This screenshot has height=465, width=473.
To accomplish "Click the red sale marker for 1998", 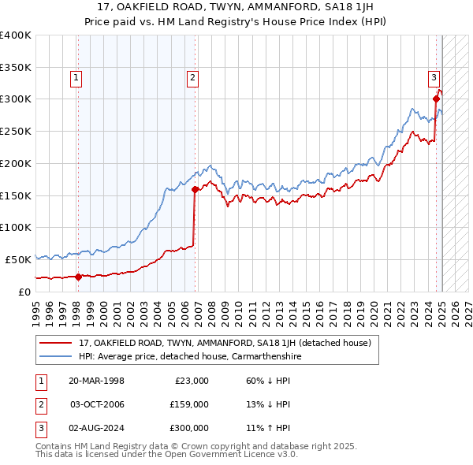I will [78, 277].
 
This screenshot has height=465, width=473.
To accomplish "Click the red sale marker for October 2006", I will [195, 189].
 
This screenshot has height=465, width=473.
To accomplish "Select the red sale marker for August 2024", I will [436, 99].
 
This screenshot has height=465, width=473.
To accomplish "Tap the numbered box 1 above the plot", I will [76, 77].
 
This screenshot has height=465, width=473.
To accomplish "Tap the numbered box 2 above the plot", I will [193, 77].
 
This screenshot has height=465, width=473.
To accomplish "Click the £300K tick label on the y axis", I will [16, 99].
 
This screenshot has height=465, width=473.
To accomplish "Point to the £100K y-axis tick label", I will [16, 227].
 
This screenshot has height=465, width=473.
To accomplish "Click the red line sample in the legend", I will [55, 343].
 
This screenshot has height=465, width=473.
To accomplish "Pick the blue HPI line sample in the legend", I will [55, 356].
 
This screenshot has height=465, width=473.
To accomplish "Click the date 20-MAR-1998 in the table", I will [96, 381].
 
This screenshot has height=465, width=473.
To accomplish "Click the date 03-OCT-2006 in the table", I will [96, 404].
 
